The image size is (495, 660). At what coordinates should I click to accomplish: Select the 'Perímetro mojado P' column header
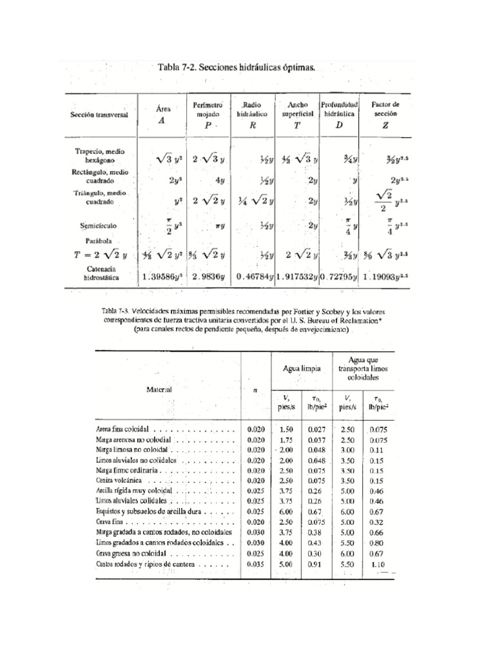pos(208,114)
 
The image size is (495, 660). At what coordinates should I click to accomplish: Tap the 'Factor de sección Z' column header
pos(385,114)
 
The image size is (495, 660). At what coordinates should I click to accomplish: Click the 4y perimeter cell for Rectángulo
pos(219,180)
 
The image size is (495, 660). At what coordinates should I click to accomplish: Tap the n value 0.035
pos(255,563)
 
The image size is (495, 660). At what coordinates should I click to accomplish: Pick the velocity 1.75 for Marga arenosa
pos(286,439)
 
